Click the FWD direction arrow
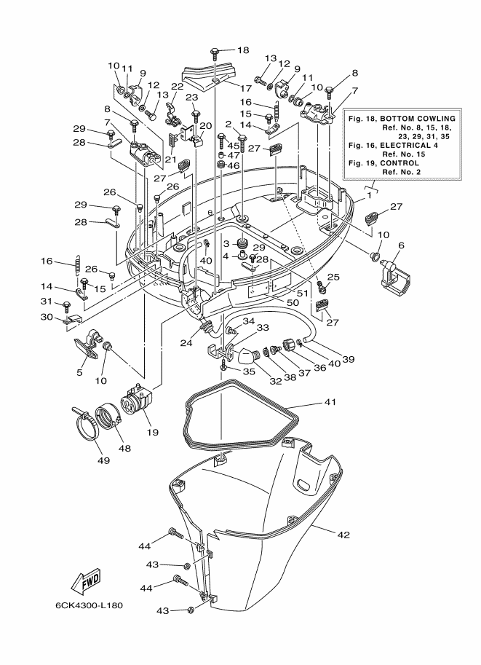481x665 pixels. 86,581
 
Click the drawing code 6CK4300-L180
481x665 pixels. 89,605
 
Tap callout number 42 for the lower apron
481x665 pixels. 343,535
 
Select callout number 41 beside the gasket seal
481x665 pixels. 330,401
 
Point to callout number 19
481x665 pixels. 153,432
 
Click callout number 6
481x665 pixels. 402,245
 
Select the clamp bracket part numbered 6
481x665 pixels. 395,277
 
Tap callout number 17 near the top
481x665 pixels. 246,88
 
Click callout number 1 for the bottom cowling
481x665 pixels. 369,195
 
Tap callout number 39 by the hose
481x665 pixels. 349,359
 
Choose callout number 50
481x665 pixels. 293,302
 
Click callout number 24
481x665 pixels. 186,343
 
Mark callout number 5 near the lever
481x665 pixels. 79,373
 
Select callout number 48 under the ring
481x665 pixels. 125,448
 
